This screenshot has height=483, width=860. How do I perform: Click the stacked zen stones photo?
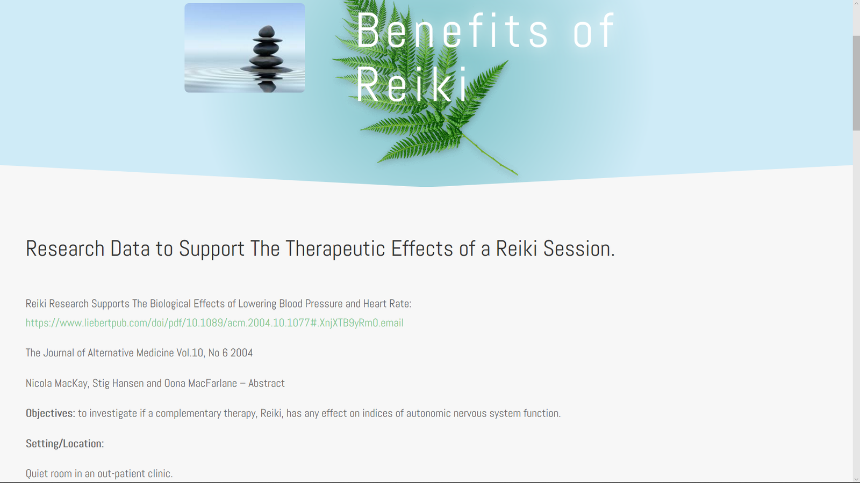245,48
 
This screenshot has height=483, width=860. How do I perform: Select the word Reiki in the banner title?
412,84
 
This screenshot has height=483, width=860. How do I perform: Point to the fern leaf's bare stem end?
517,174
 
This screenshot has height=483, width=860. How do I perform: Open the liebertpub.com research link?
214,323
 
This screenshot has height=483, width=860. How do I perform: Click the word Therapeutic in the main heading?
335,248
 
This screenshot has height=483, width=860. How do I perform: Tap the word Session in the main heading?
578,248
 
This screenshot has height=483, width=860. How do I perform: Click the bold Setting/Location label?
64,443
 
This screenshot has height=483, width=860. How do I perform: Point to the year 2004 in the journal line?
241,353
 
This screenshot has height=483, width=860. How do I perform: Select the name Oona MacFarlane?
200,383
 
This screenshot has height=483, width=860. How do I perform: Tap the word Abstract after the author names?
266,383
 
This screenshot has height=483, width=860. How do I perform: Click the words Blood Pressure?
311,304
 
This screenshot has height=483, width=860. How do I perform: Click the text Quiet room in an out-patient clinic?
99,474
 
